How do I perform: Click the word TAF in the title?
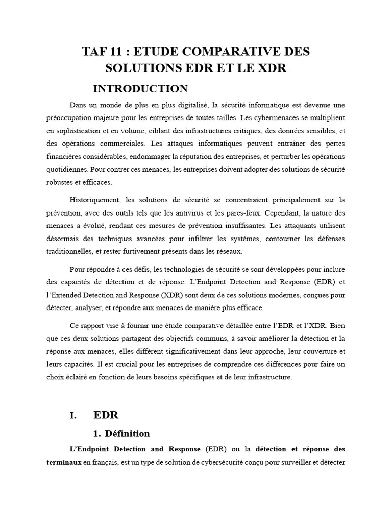point(96,52)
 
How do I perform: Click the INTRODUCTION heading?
point(140,89)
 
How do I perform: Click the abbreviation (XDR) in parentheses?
point(174,295)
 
